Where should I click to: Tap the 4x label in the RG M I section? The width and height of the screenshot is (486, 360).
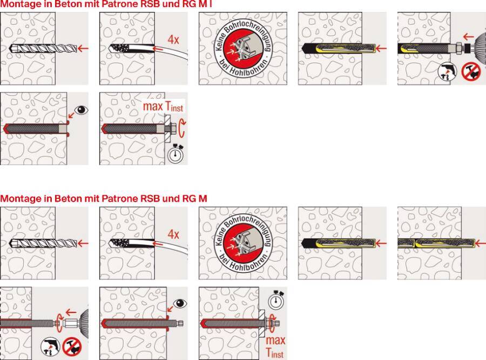173,39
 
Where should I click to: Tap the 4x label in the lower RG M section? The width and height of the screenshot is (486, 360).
173,234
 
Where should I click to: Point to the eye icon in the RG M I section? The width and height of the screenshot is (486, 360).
82,110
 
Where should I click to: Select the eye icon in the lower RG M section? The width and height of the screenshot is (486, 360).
180,303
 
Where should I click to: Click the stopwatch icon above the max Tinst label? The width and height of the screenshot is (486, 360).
276,299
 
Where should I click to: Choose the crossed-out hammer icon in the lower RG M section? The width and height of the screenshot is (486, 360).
72,347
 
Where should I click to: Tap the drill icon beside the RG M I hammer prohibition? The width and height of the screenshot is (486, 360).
448,72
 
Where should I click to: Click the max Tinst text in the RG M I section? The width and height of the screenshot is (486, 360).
163,106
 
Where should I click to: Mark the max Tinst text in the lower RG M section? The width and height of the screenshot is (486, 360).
275,346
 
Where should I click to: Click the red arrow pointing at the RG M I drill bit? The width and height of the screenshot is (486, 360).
83,48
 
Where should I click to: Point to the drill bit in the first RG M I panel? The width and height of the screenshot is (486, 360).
43,49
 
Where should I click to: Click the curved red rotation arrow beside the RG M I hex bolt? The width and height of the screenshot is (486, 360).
183,128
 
